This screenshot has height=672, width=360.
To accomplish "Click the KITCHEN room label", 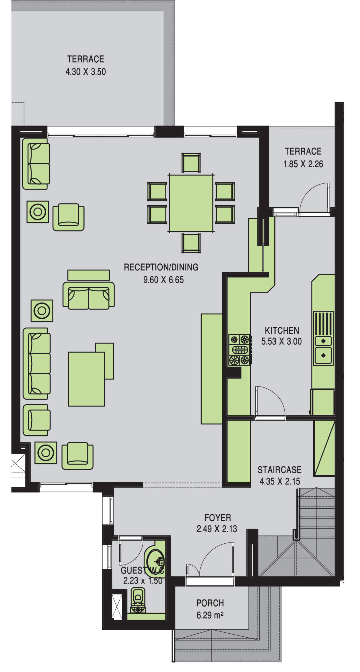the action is (x=282, y=331).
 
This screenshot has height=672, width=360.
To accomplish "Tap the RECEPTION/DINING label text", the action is (x=161, y=267).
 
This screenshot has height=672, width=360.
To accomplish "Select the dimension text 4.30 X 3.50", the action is (x=86, y=72).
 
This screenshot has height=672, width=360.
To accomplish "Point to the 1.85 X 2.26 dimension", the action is (x=303, y=164).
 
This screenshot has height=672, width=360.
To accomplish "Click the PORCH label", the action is (x=210, y=603).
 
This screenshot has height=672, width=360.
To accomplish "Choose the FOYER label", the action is (x=218, y=518).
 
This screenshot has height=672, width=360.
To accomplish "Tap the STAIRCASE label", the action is (x=280, y=470).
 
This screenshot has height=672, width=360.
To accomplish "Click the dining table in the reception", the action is (x=191, y=203).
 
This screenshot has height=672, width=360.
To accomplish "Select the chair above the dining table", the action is (x=191, y=163).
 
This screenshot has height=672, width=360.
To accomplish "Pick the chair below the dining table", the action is (x=191, y=243).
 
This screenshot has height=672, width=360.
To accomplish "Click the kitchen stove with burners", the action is (x=240, y=350).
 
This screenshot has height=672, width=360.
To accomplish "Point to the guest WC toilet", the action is (x=138, y=600).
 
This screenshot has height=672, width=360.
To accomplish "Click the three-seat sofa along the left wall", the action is (x=37, y=363).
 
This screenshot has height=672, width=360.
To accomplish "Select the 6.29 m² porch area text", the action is (x=210, y=615).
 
